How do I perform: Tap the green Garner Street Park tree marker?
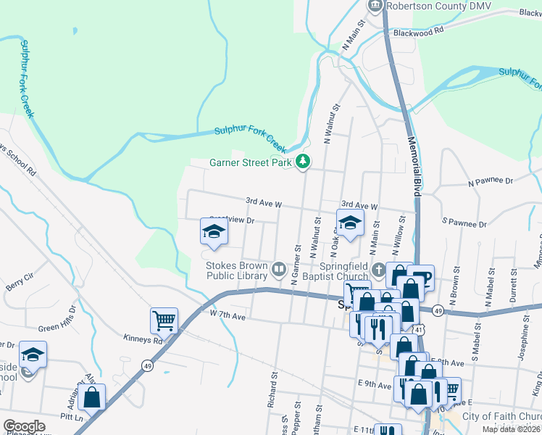(x=305, y=163)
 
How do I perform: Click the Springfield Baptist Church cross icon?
(x=378, y=270)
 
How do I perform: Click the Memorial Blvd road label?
(x=414, y=166)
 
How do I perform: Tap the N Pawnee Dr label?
(x=491, y=181)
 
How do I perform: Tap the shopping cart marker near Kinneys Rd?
(x=164, y=320)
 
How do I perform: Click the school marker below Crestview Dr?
(x=214, y=231)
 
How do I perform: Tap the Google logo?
(x=24, y=426)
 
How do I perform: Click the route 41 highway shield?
(x=421, y=330)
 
